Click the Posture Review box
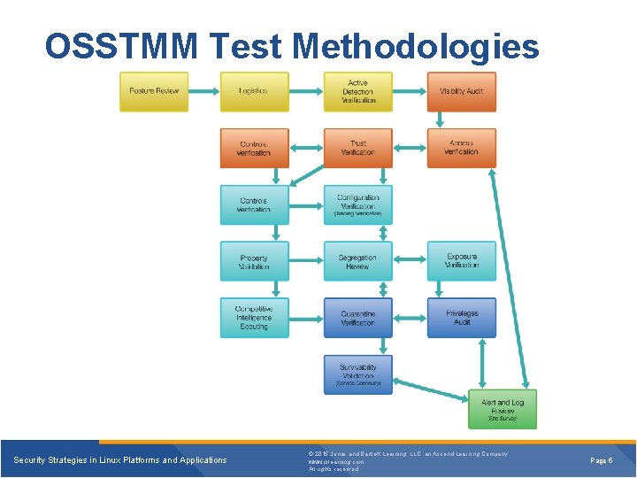click(154, 91)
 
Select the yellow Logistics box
click(254, 91)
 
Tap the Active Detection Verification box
click(357, 91)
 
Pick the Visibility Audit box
click(461, 91)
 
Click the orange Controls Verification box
click(254, 148)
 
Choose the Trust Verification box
click(357, 148)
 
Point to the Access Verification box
click(461, 148)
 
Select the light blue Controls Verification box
click(254, 204)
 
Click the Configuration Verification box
click(357, 204)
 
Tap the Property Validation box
click(254, 261)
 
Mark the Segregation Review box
click(357, 261)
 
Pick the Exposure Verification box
click(461, 261)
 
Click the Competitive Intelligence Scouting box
click(254, 318)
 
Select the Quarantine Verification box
click(357, 318)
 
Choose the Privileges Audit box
click(461, 318)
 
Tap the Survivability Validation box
click(357, 374)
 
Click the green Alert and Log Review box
click(502, 409)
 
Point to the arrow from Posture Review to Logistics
click(204, 91)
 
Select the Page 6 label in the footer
click(601, 460)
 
